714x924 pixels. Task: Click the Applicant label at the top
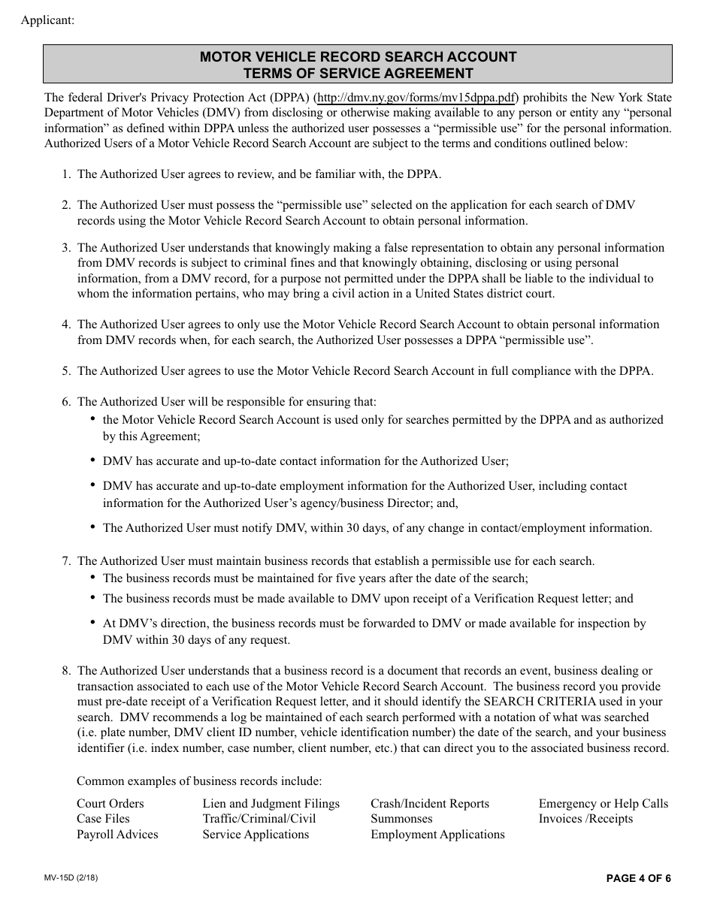[48, 20]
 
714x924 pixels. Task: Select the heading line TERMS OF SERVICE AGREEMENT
[358, 74]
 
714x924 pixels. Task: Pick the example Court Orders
[110, 804]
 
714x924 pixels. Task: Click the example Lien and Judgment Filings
[271, 804]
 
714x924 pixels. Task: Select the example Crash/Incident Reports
[429, 804]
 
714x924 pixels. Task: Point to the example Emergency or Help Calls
[603, 804]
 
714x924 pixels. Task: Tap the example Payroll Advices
[117, 835]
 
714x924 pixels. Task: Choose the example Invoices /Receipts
[585, 819]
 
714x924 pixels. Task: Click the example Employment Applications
[437, 835]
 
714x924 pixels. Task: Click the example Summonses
[401, 819]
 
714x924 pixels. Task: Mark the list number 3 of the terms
[66, 248]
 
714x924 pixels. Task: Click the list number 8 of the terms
[66, 671]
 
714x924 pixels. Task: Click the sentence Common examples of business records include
[199, 781]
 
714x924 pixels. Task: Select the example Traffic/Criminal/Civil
[259, 819]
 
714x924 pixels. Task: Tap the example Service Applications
[256, 835]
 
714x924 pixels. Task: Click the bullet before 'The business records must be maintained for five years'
[92, 578]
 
